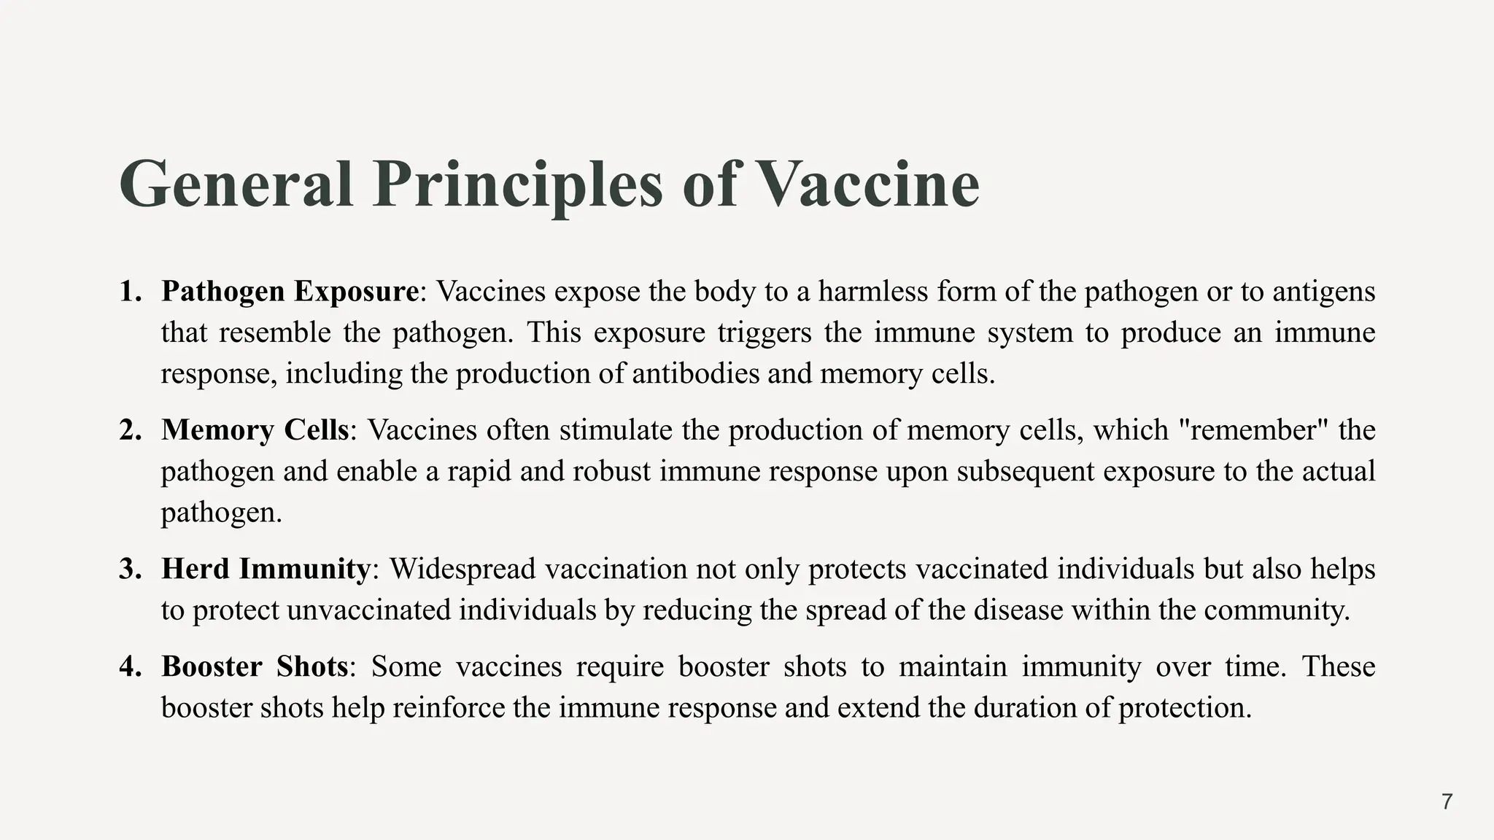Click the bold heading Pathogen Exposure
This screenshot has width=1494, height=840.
(290, 291)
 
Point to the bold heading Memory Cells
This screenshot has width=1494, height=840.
(255, 429)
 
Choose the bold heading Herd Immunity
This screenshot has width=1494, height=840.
(266, 569)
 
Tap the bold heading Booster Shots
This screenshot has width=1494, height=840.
(255, 666)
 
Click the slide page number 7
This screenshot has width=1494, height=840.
(1447, 802)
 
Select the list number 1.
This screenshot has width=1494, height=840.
(129, 291)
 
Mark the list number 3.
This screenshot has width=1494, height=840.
(129, 569)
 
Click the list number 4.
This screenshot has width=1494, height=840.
(129, 666)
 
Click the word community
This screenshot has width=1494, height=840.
(1276, 610)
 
